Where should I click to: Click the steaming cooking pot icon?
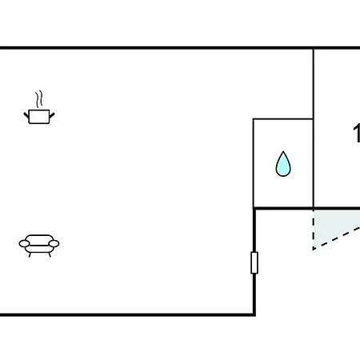tap(39, 107)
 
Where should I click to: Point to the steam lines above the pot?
tap(39, 98)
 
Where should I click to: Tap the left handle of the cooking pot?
tap(26, 116)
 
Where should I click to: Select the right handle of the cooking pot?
tap(52, 116)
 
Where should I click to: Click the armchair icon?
tap(39, 246)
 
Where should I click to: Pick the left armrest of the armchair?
tap(24, 243)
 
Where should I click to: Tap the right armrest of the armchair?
tap(54, 243)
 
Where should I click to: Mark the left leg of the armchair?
tap(30, 254)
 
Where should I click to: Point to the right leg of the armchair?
tap(50, 254)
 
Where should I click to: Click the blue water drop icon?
tap(283, 164)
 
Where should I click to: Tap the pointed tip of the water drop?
tap(283, 151)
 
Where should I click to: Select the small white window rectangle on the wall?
tap(254, 262)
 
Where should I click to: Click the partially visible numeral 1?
tap(357, 134)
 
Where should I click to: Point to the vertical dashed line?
tap(314, 230)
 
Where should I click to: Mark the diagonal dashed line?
tap(337, 238)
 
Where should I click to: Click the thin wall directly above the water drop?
tap(283, 119)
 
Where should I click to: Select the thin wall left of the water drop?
tap(254, 162)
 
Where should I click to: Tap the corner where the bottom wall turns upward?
tap(254, 314)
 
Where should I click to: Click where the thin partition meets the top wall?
tap(314, 48)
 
